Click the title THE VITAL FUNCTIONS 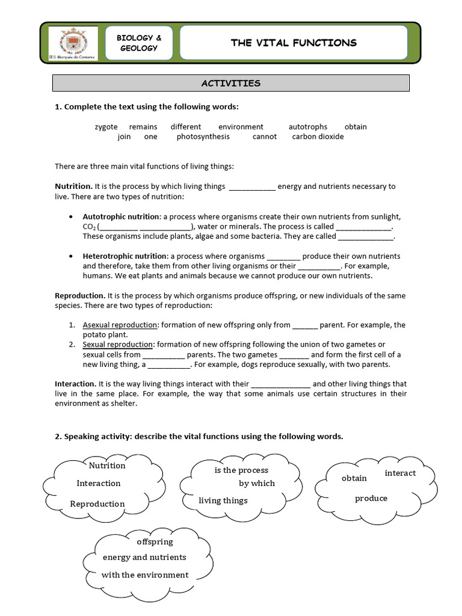[294, 42]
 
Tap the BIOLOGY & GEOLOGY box [139, 43]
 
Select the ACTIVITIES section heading [231, 83]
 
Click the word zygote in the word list [106, 127]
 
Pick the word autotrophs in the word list [308, 127]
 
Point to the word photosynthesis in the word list [203, 137]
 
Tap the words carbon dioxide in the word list [318, 137]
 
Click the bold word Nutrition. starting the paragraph [73, 186]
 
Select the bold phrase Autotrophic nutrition [121, 217]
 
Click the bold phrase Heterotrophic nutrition [125, 256]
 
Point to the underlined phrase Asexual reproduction [120, 325]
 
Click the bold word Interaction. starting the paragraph [75, 384]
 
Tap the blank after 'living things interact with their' [280, 384]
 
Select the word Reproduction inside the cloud [97, 504]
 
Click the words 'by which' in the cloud [257, 483]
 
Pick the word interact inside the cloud [400, 473]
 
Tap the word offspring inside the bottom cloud [155, 541]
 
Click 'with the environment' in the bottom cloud [145, 574]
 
